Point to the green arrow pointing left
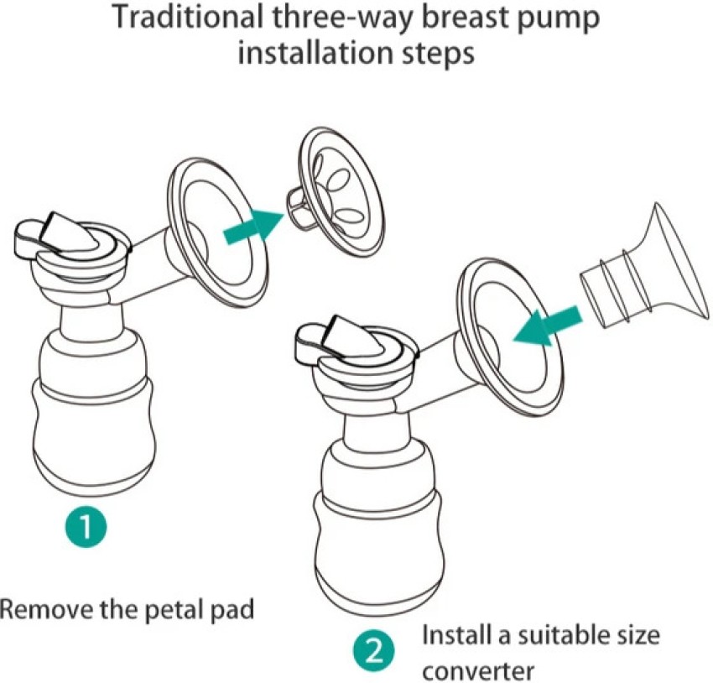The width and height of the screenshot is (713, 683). coord(546,326)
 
